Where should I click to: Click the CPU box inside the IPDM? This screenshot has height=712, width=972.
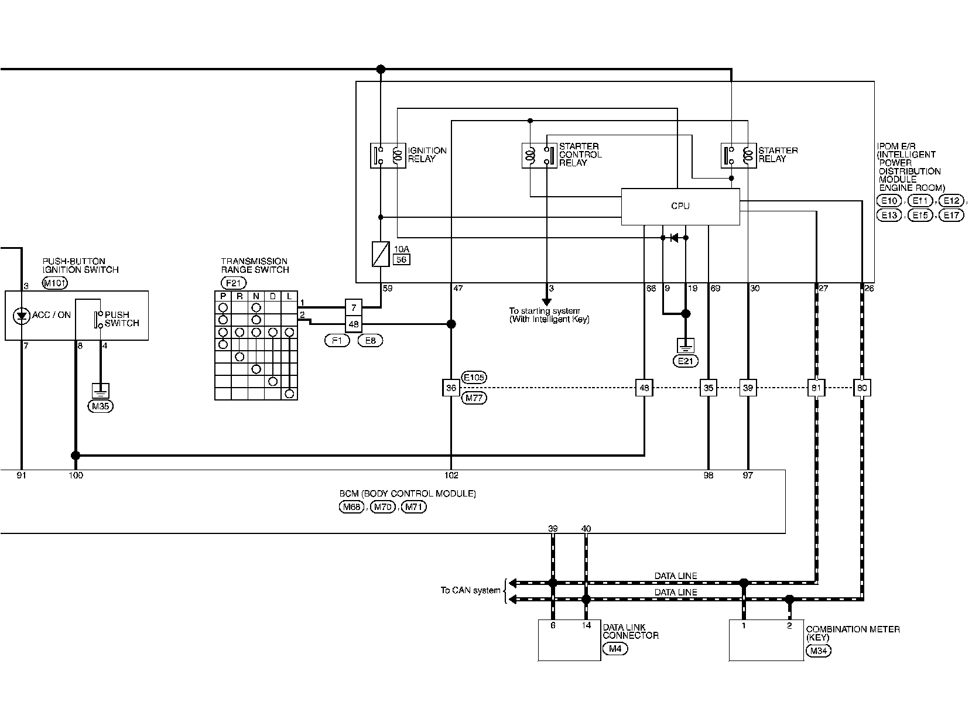pos(680,207)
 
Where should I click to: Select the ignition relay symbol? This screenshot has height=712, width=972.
pos(388,156)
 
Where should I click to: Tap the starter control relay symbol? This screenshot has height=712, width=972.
pos(539,156)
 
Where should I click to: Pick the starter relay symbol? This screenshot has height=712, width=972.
pos(738,156)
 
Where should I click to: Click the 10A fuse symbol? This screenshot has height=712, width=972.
pos(381,254)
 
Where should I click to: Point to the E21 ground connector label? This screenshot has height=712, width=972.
pos(686,361)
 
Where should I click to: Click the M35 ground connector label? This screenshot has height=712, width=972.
pos(101,406)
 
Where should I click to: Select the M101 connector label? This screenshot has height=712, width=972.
pos(55,283)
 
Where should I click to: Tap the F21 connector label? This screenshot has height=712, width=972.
pos(234,283)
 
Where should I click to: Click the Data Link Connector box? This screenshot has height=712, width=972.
pos(569,640)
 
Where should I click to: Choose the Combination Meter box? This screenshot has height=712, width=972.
pos(766,640)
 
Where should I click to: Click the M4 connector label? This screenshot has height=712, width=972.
pos(615,649)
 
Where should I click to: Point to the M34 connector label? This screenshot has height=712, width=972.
pos(819,651)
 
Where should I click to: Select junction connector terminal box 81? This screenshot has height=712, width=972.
pos(816,388)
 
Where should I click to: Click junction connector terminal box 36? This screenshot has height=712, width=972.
pos(451,388)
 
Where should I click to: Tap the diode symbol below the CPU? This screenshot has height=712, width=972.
pos(675,238)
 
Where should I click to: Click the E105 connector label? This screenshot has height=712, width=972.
pos(474,378)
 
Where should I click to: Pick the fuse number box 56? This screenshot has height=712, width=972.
pos(401,259)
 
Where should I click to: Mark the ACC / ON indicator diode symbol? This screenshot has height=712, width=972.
pos(21,316)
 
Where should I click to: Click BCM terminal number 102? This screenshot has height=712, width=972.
pos(451,475)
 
